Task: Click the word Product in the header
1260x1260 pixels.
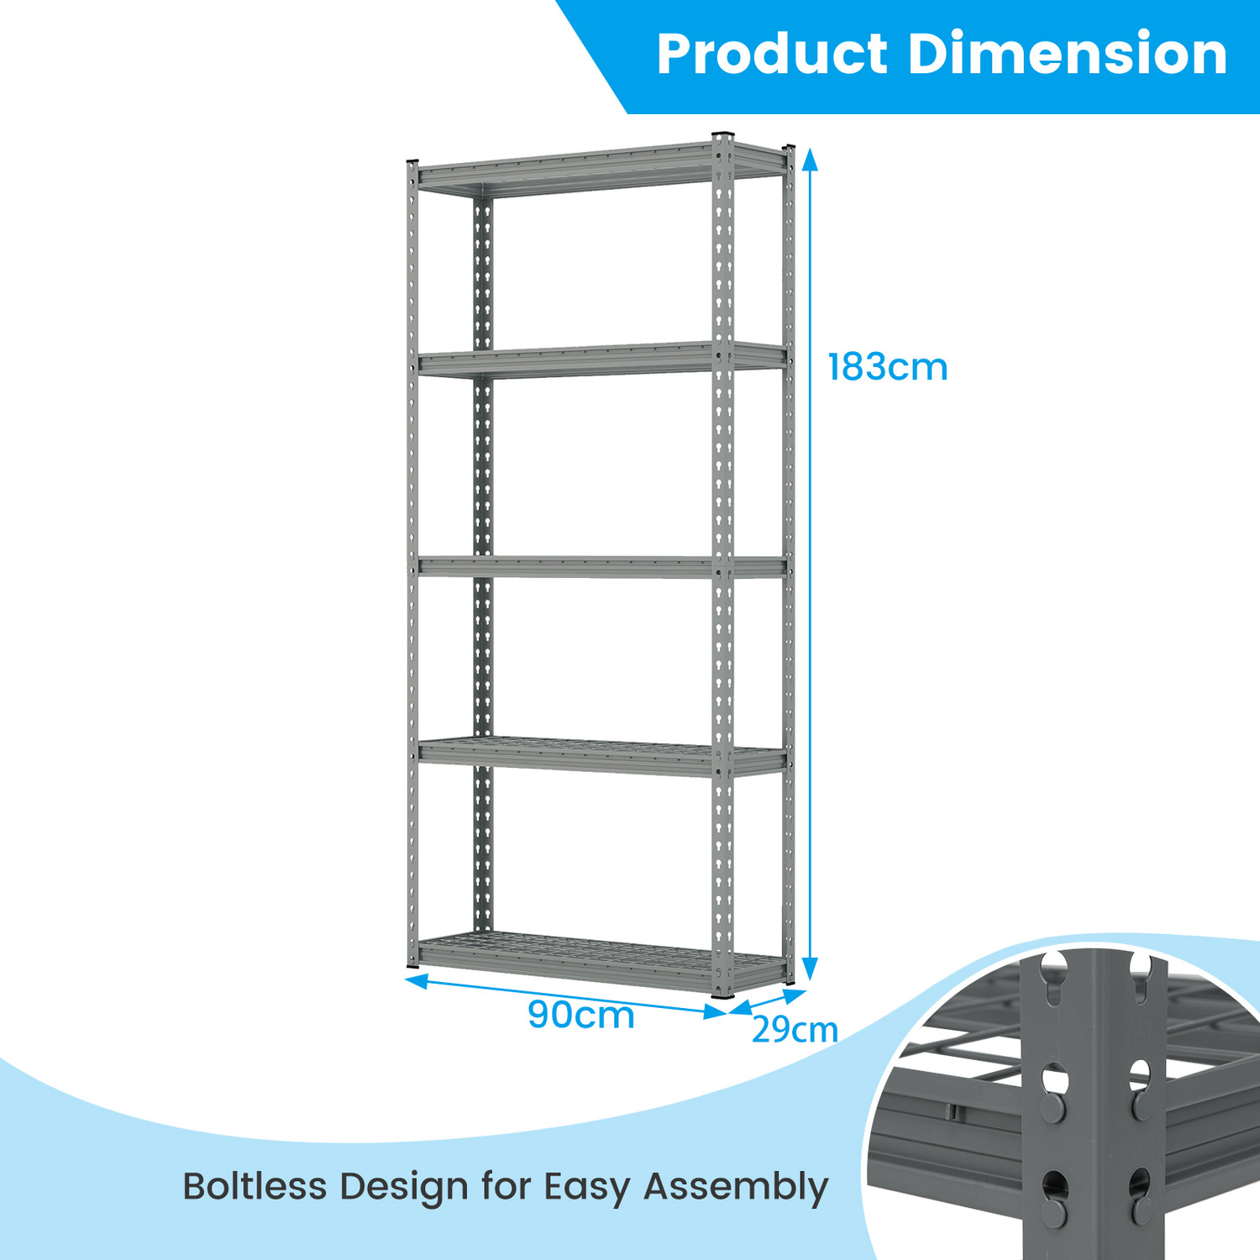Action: pyautogui.click(x=772, y=54)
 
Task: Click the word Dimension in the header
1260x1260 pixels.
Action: pyautogui.click(x=1068, y=54)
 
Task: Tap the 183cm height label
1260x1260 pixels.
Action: pyautogui.click(x=888, y=367)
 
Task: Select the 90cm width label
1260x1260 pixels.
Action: pyautogui.click(x=580, y=1014)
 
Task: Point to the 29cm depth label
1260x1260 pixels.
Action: pyautogui.click(x=795, y=1029)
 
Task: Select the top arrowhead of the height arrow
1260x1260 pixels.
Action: pyautogui.click(x=810, y=158)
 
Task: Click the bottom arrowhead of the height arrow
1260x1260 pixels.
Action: pyautogui.click(x=810, y=970)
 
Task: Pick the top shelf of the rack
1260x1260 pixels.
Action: pyautogui.click(x=601, y=168)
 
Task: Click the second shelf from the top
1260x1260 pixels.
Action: pyautogui.click(x=601, y=360)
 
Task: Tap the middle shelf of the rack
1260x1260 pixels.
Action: pyautogui.click(x=601, y=567)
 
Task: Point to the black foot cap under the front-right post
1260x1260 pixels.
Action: pyautogui.click(x=722, y=995)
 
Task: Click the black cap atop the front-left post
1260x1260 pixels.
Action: pyautogui.click(x=412, y=161)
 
